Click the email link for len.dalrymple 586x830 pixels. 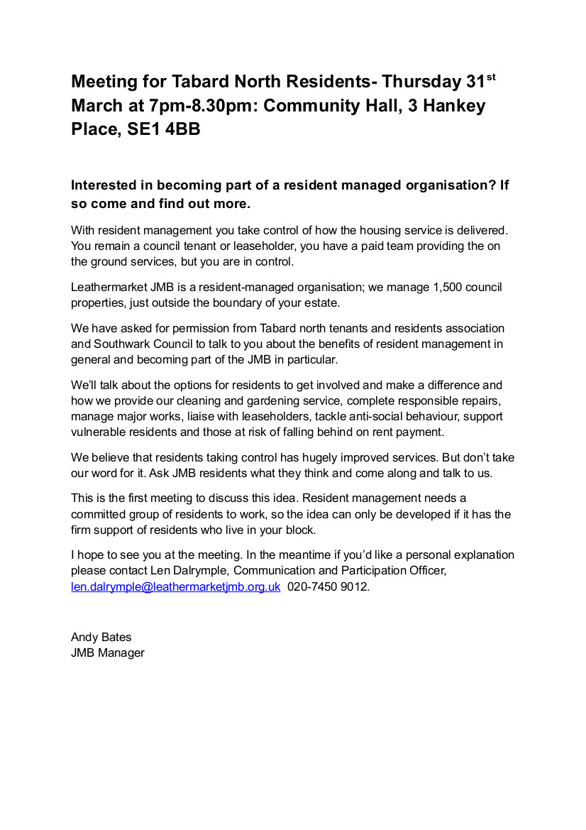pyautogui.click(x=176, y=587)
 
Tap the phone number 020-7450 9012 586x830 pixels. pyautogui.click(x=328, y=587)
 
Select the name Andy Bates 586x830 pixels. pyautogui.click(x=101, y=637)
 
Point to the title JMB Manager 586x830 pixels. pyautogui.click(x=108, y=652)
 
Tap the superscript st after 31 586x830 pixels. pyautogui.click(x=490, y=76)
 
